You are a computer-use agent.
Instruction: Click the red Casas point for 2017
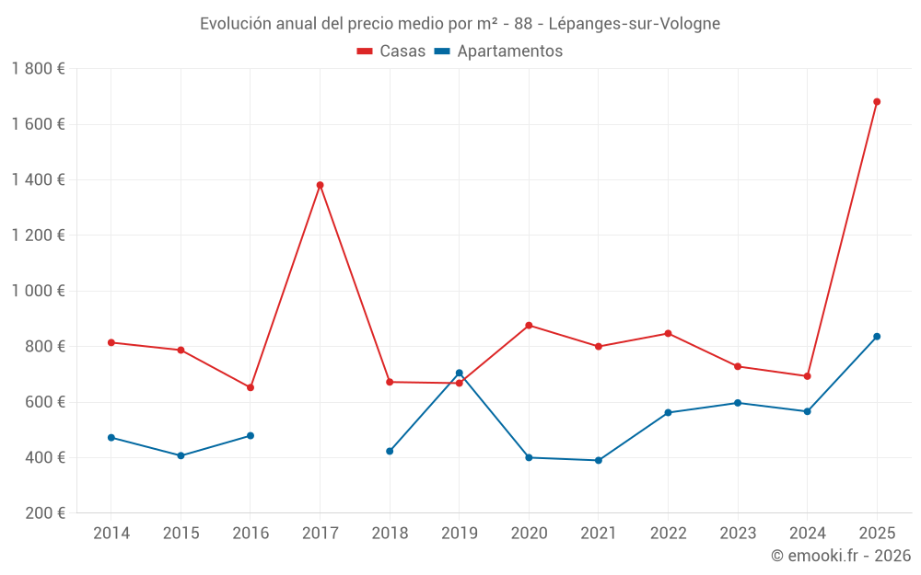(x=320, y=185)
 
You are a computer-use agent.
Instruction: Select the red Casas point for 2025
(x=877, y=102)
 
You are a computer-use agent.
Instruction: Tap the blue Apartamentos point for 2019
(x=459, y=373)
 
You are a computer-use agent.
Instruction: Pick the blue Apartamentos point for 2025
(x=877, y=337)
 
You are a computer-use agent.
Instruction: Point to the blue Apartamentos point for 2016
(x=251, y=436)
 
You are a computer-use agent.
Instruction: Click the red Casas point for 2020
(x=529, y=326)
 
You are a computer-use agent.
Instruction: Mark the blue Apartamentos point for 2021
(x=599, y=460)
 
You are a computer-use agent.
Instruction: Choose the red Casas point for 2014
(x=111, y=342)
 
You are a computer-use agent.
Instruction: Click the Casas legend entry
(x=391, y=52)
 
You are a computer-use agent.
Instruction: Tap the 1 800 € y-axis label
(x=38, y=69)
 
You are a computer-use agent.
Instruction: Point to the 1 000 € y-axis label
(x=38, y=291)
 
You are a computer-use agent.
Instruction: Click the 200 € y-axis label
(x=43, y=513)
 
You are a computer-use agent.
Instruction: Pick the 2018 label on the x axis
(x=390, y=534)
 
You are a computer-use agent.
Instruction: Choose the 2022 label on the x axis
(x=668, y=534)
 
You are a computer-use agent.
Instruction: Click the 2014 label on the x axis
(x=111, y=534)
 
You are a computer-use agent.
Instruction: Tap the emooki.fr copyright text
(x=840, y=556)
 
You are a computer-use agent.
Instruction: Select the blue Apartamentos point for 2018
(x=390, y=451)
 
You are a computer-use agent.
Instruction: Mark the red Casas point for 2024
(x=807, y=376)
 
